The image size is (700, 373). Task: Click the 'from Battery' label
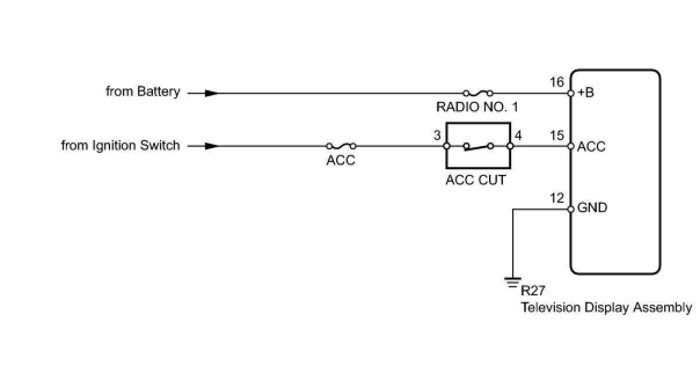tap(143, 92)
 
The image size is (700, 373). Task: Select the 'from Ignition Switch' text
tap(121, 145)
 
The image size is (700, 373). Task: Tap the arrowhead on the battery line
tap(212, 93)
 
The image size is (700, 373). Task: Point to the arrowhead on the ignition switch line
tap(212, 146)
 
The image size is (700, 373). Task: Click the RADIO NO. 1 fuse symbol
tap(479, 92)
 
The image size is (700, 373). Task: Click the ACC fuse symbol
tap(341, 146)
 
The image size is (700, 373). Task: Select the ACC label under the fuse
tap(341, 160)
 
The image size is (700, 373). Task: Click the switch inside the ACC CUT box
tap(478, 147)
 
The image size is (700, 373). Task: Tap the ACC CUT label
tap(475, 180)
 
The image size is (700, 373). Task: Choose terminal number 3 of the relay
tap(437, 136)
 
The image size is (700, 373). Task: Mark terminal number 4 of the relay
tap(518, 136)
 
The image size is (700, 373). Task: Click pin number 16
tap(556, 82)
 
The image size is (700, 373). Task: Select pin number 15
tap(556, 136)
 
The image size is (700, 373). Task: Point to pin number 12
tap(556, 198)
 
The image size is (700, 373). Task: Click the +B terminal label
tap(585, 93)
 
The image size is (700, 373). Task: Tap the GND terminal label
tap(592, 207)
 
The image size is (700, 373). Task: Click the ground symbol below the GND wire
tap(512, 282)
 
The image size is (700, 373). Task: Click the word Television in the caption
tap(548, 307)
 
